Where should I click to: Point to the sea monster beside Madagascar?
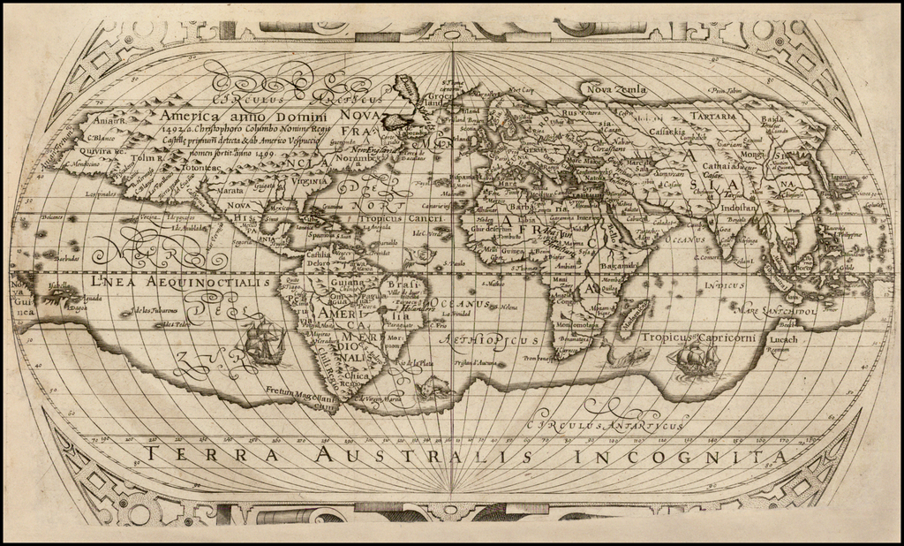click(x=629, y=356)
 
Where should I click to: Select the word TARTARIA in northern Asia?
click(x=714, y=116)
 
